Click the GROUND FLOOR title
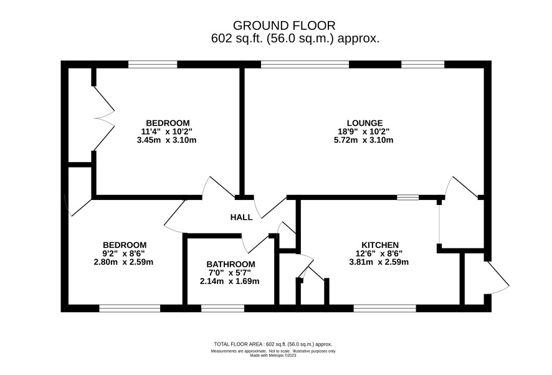284,26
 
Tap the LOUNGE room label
364,123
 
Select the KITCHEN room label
380,245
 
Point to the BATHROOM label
231,264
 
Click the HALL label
242,217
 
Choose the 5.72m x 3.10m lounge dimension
363,140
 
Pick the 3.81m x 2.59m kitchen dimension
379,262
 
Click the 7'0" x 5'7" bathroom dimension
229,273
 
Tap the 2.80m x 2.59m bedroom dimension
123,262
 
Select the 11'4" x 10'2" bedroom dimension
166,131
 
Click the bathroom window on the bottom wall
222,309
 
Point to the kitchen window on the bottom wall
385,309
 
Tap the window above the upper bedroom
153,64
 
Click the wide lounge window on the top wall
305,64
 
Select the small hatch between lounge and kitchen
408,197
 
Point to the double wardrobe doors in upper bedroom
104,118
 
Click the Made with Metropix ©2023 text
273,356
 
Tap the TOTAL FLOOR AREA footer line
273,344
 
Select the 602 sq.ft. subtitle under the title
295,39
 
